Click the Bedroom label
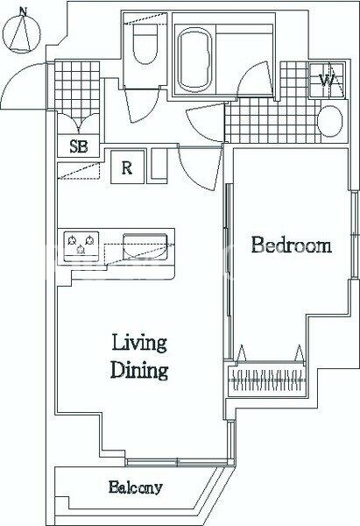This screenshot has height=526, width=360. [x=292, y=245]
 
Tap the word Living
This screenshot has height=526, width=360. [x=139, y=343]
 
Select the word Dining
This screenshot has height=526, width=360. [x=139, y=370]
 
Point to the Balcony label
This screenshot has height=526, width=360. [x=136, y=487]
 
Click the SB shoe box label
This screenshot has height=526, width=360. [x=79, y=146]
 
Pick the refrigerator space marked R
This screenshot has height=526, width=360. [x=127, y=167]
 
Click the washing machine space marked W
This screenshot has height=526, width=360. [x=327, y=80]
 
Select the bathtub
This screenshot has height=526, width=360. [x=194, y=60]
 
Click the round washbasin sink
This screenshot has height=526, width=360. [x=330, y=121]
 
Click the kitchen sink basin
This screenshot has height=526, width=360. [x=145, y=246]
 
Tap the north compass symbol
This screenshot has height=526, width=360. [x=22, y=33]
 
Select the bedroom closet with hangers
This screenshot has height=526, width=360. [x=267, y=380]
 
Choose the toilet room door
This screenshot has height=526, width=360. [x=142, y=104]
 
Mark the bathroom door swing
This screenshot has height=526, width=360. [x=256, y=81]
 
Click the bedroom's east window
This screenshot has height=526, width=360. [x=354, y=235]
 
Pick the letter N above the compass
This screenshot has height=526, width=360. [x=23, y=11]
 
